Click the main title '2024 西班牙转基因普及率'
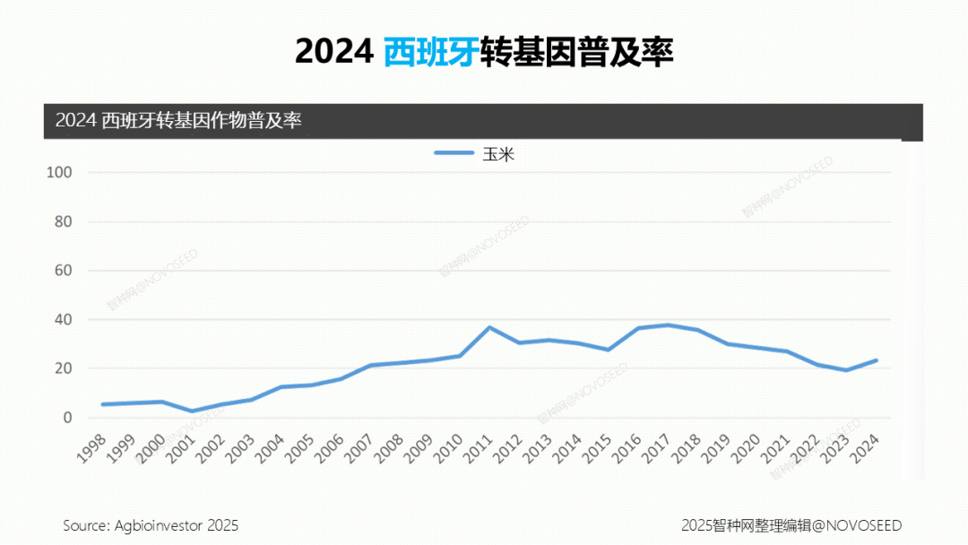point(484,52)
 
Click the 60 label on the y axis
point(62,271)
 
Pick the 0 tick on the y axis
point(66,418)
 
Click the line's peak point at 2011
point(489,327)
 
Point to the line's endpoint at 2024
point(875,360)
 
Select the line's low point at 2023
point(845,370)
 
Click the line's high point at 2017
point(668,324)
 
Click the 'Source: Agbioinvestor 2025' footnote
point(151,525)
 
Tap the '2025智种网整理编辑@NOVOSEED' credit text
point(791,525)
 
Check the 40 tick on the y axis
point(62,320)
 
